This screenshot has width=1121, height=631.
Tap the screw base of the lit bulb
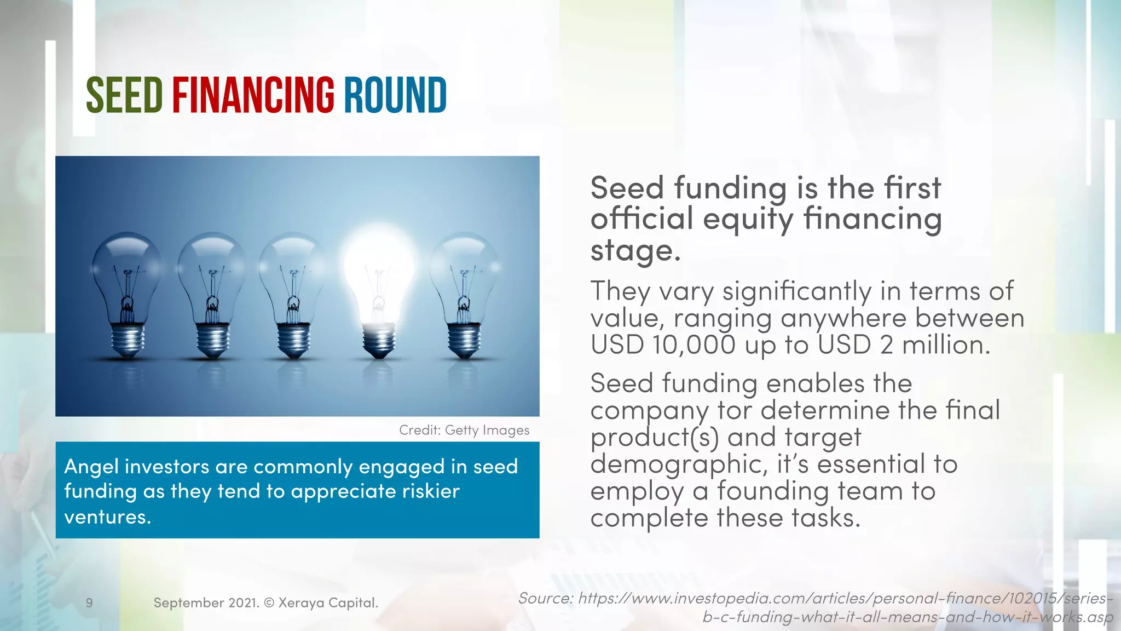click(x=378, y=340)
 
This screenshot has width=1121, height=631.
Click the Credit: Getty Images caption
click(x=464, y=430)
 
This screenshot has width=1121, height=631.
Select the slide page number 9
click(x=89, y=603)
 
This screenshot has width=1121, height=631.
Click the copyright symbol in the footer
click(x=269, y=603)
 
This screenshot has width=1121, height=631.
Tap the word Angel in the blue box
click(x=91, y=467)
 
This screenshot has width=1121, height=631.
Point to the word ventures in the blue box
click(x=107, y=517)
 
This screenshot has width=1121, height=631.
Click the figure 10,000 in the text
click(x=694, y=345)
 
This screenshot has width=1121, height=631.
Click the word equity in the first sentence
click(x=748, y=219)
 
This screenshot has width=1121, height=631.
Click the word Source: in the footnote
click(x=545, y=598)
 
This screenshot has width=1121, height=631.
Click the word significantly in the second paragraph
click(x=797, y=291)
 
